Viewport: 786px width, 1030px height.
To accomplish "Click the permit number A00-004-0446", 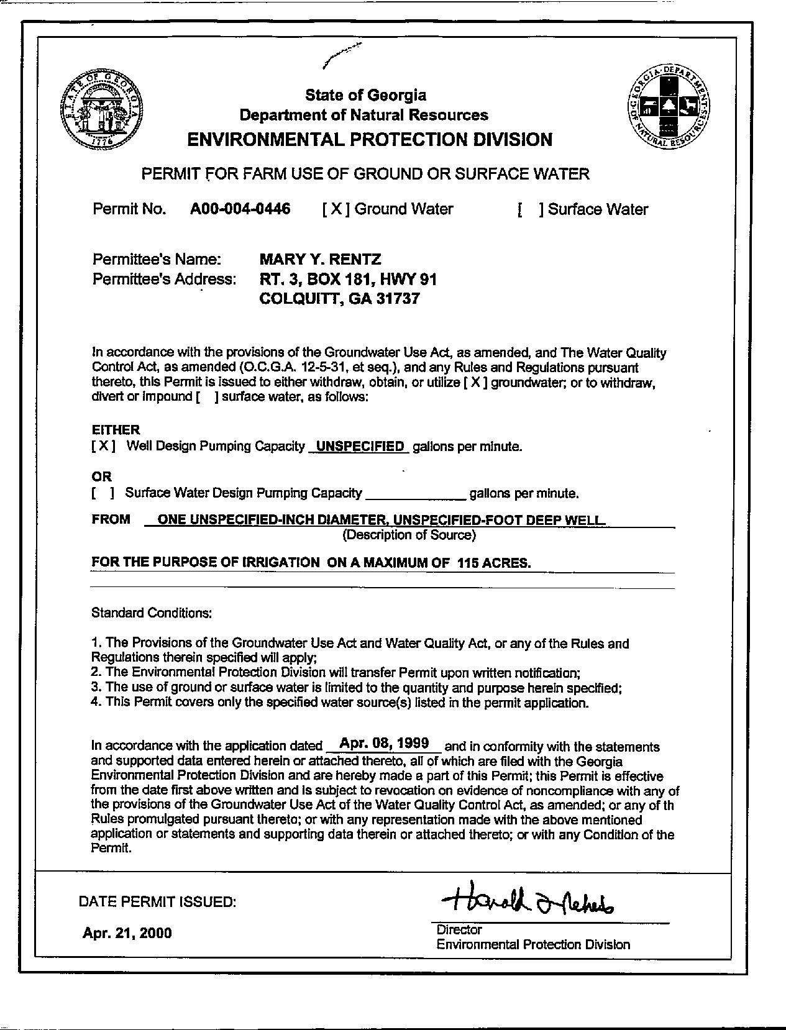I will click(x=240, y=209).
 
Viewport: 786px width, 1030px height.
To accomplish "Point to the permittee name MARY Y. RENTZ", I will click(x=320, y=258).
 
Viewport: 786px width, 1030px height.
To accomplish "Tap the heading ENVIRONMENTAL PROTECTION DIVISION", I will click(x=370, y=139).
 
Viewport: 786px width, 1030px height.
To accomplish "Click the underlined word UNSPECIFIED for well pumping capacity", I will click(x=360, y=446).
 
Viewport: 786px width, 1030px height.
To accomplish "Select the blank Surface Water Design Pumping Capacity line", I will click(x=416, y=494).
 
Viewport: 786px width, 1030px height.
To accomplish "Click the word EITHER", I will click(x=116, y=429).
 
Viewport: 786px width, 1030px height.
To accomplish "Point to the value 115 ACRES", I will click(x=493, y=563).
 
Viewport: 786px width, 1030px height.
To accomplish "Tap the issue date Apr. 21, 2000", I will click(x=127, y=933).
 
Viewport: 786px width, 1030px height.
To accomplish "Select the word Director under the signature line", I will click(x=459, y=929).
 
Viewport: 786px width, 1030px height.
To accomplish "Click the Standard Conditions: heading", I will click(x=152, y=613).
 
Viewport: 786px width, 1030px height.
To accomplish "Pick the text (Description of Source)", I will click(x=409, y=535).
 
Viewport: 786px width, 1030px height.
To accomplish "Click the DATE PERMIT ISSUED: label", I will click(x=157, y=901).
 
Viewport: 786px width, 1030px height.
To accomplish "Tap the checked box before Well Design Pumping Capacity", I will click(x=103, y=446).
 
